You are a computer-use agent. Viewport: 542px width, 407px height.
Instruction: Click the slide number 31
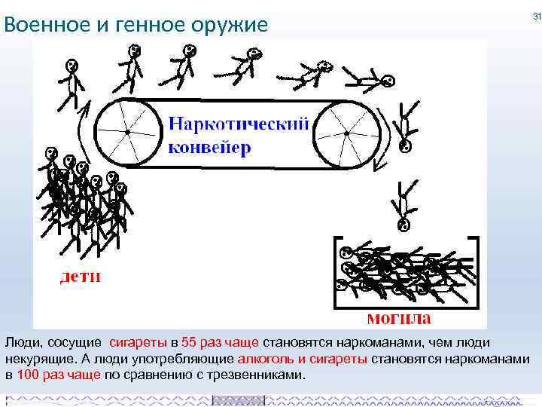coord(537,16)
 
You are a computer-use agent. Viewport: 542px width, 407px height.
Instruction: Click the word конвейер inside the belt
coord(209,146)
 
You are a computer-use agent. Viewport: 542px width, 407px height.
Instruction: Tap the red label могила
coord(399,317)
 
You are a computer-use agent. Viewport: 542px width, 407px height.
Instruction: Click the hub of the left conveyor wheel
coord(128,133)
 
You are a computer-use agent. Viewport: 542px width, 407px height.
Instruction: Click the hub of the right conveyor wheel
coord(346,133)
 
